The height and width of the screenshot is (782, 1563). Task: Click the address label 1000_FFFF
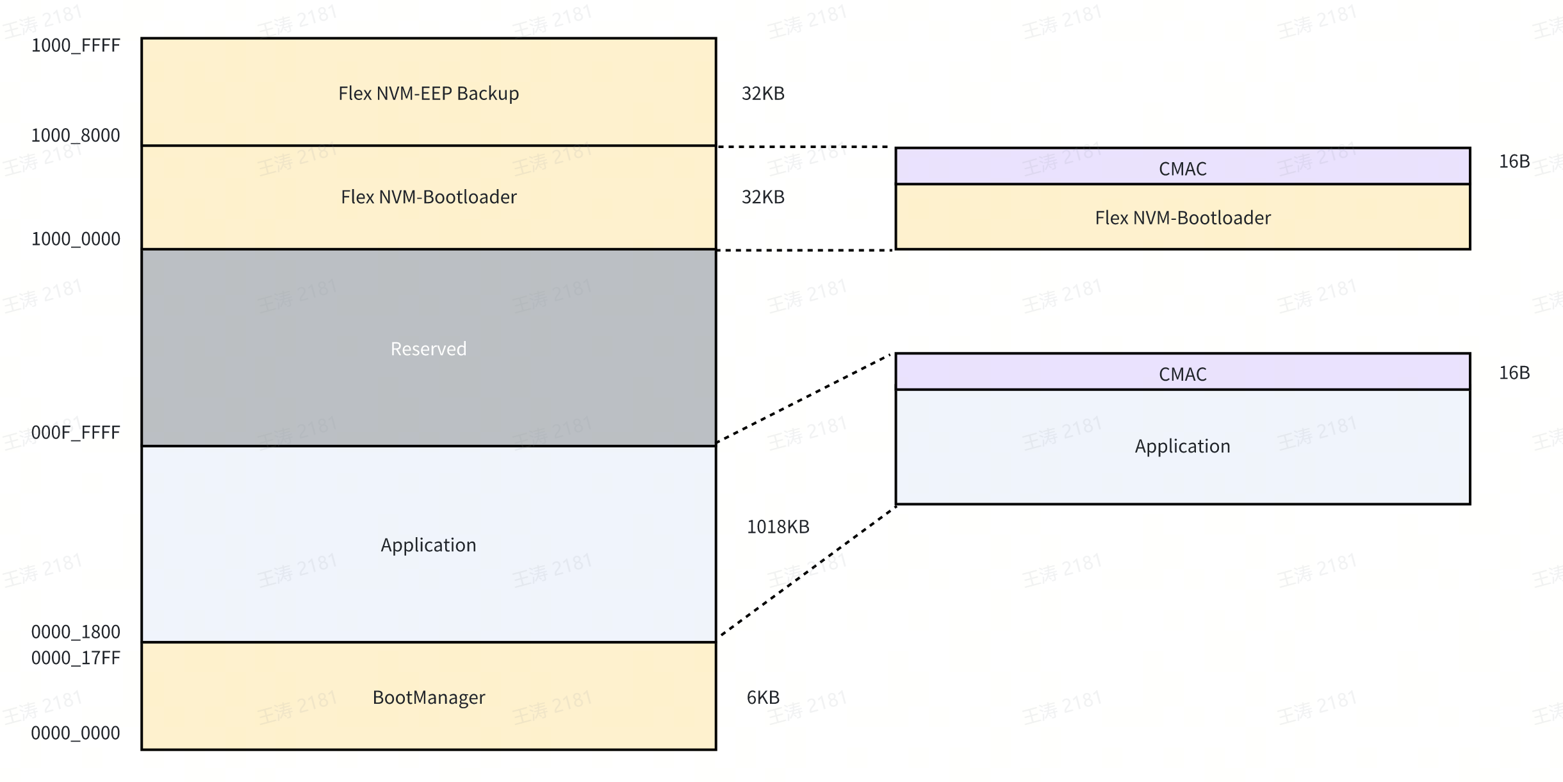coord(76,46)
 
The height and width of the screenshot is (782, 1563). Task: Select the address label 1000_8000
coord(76,135)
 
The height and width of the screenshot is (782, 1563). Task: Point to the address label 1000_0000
coord(76,239)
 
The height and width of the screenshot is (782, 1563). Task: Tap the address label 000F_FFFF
coord(76,433)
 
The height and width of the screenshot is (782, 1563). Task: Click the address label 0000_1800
coord(76,632)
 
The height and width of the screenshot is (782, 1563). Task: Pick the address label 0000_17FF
coord(76,658)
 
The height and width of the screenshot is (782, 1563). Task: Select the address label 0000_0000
coord(76,733)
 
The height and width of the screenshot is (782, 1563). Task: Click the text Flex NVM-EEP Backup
coord(429,94)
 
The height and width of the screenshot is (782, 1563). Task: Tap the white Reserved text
coord(429,349)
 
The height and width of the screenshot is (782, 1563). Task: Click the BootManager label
coord(429,697)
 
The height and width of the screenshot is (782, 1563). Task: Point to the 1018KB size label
coord(778,527)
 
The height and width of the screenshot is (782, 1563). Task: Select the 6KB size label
coord(763,697)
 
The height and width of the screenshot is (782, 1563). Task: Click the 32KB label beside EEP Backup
coord(763,94)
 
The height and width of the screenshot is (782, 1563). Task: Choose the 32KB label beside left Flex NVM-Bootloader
coord(763,197)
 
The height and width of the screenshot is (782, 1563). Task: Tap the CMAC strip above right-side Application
coord(1182,374)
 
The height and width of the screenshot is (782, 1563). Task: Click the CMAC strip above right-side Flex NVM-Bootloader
coord(1182,169)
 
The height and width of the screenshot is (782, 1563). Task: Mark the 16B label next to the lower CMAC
coord(1514,373)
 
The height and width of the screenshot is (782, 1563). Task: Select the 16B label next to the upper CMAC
coord(1514,162)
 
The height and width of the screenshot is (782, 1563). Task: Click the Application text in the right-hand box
coord(1182,446)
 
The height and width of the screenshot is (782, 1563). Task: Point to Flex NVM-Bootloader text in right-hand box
coord(1182,218)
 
